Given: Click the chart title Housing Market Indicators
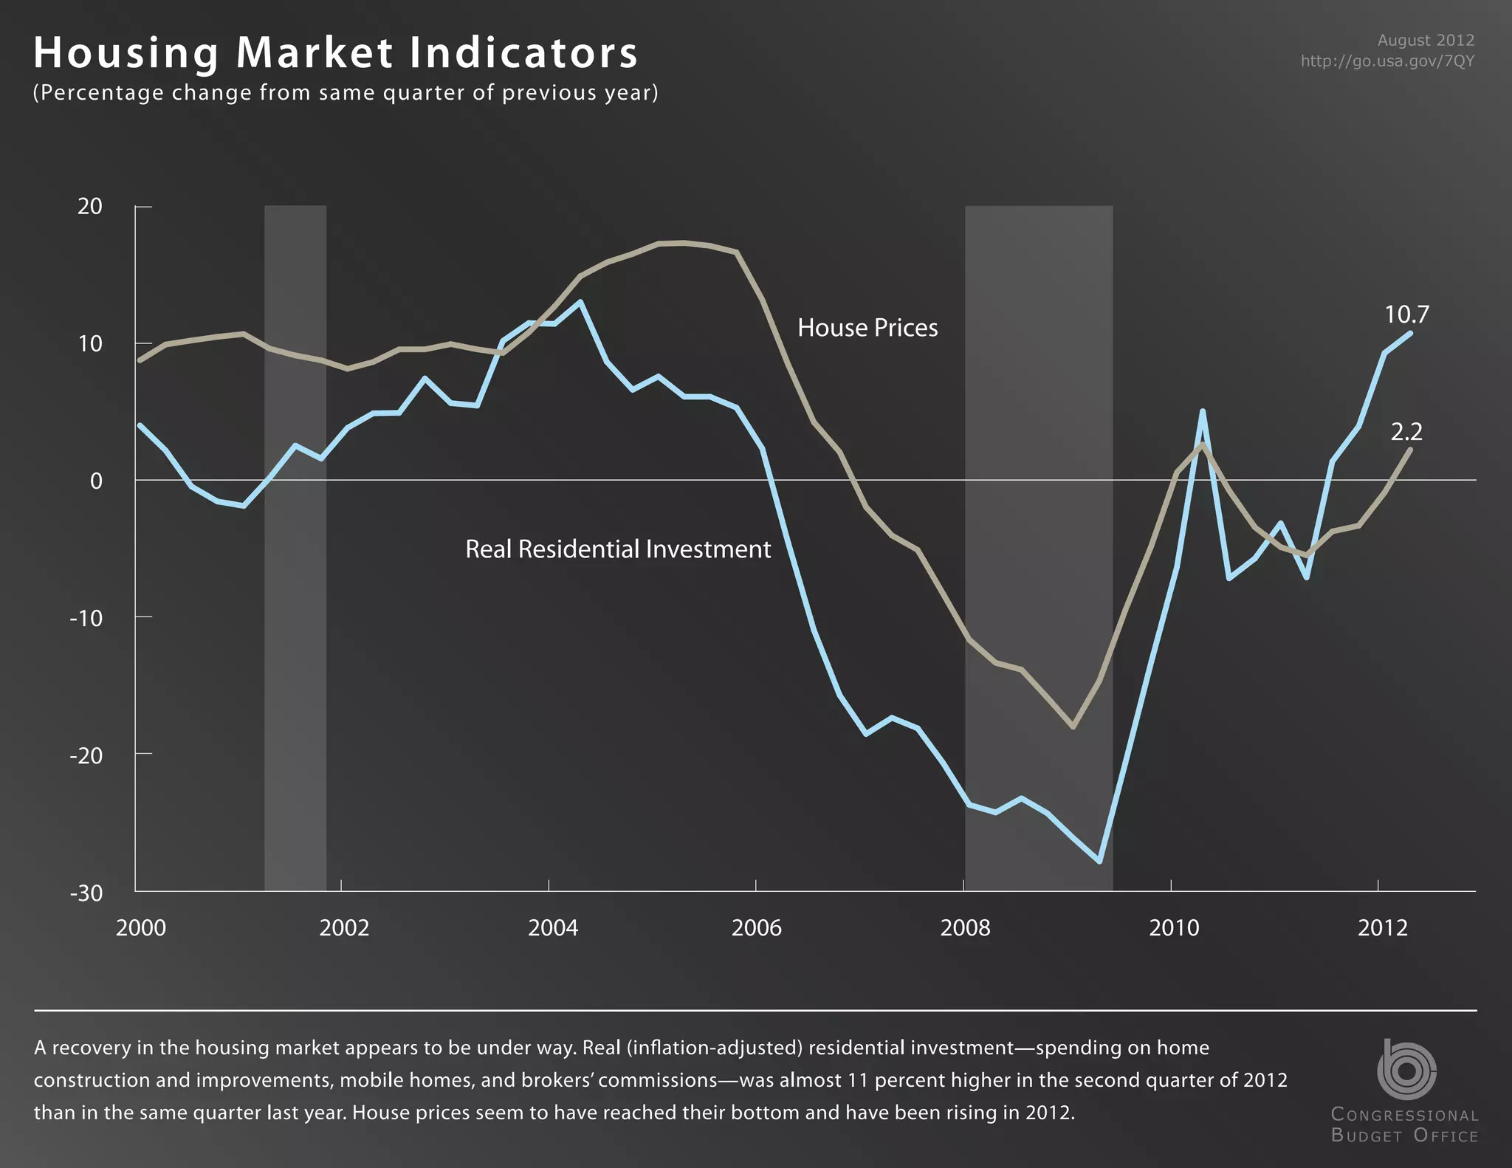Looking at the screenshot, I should click(336, 53).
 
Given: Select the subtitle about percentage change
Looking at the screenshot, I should click(346, 93).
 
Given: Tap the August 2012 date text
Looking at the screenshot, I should click(1425, 41).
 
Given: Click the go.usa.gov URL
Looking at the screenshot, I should click(1386, 61).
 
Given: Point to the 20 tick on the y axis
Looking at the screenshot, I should click(90, 207).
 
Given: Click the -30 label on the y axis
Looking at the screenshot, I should click(86, 893).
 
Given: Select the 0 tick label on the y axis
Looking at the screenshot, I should click(96, 481).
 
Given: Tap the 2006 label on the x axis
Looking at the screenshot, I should click(756, 928).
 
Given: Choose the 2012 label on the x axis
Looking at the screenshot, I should click(1382, 928).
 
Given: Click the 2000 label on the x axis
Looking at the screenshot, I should click(141, 928).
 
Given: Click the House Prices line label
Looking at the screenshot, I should click(867, 328).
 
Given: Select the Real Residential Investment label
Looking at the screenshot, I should click(618, 549).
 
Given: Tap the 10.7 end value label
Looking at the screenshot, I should click(1406, 315).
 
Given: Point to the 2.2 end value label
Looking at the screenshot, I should click(1406, 432).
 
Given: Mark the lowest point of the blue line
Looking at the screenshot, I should click(1100, 861).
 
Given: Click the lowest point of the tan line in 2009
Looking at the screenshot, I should click(1073, 727).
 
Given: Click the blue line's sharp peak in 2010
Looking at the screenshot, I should click(1202, 411).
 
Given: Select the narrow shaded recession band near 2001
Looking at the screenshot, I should click(295, 546).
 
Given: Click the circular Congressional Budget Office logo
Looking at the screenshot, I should click(1406, 1070).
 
